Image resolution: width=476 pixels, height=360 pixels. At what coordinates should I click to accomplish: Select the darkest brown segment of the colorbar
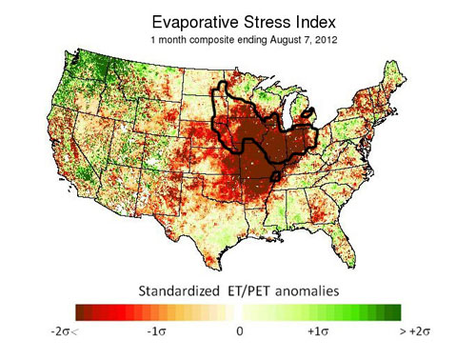[x=84, y=311]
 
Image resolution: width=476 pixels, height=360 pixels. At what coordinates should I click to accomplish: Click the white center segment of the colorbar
[x=239, y=311]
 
